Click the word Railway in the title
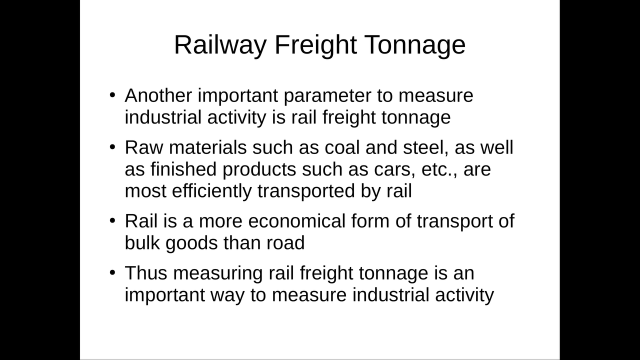220,45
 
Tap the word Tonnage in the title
415,45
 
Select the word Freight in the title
315,45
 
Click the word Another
158,95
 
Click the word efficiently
211,191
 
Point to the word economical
297,221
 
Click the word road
285,243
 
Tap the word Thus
146,273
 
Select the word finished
183,169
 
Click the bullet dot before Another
112,94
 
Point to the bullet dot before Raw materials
112,147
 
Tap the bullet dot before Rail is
112,220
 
